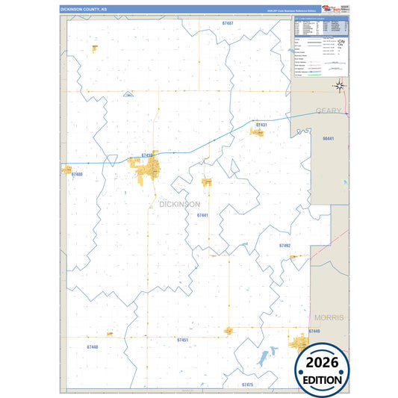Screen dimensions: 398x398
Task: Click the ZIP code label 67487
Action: pos(228,24)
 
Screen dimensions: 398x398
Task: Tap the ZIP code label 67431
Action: pos(261,125)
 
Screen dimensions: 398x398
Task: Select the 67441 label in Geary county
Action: pos(328,139)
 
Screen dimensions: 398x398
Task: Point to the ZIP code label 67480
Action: pos(77,174)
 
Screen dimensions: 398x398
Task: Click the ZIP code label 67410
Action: pos(147,155)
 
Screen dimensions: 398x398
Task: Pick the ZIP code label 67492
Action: pos(284,245)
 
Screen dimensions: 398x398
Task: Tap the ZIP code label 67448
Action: pos(92,346)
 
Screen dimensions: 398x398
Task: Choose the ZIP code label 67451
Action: pos(183,340)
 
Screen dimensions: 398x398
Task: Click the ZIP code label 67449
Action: pos(314,331)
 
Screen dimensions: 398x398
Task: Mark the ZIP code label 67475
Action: pos(248,384)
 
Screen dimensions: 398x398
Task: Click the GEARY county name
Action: pos(329,111)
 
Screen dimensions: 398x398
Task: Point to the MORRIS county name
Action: pos(328,317)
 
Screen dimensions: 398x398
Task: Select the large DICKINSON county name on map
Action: pos(180,204)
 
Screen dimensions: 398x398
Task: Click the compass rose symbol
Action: pos(340,84)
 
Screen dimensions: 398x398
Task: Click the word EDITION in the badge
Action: pos(321,379)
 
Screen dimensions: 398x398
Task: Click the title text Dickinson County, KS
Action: pos(84,10)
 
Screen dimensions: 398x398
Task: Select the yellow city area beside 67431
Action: pos(258,133)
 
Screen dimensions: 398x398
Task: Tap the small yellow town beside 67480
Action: pos(66,170)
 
